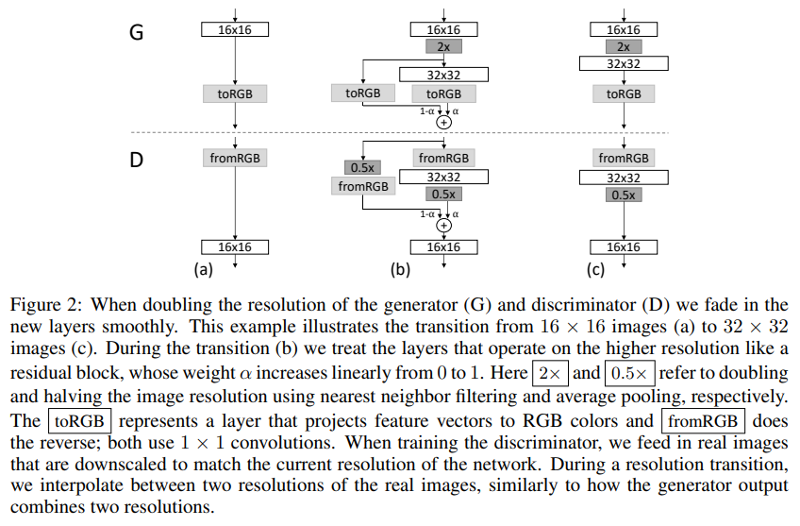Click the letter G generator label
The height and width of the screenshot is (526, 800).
click(137, 31)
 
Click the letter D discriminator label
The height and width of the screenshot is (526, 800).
click(137, 160)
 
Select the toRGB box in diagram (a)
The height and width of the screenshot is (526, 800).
click(235, 94)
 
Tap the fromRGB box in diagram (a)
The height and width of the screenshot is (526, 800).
click(235, 158)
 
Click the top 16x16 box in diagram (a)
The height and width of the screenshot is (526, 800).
click(235, 30)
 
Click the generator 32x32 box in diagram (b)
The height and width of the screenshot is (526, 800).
click(443, 73)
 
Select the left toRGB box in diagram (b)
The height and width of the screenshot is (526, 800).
click(363, 93)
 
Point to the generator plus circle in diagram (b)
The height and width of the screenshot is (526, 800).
click(443, 122)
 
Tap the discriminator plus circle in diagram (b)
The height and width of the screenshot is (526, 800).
click(443, 226)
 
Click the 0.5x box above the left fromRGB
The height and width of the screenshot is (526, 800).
click(363, 167)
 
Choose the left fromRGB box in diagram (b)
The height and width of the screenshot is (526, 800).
click(363, 186)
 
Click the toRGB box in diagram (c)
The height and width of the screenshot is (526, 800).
click(623, 93)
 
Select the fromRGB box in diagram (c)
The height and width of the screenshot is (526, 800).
click(623, 158)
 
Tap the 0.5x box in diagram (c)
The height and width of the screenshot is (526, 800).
click(623, 195)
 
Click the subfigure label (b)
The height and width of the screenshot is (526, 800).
click(401, 269)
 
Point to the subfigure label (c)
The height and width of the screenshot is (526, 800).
click(594, 269)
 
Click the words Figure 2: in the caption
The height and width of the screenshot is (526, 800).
click(42, 305)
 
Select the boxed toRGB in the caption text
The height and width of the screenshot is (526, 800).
click(81, 420)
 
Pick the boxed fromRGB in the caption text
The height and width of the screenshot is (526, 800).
click(704, 420)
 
